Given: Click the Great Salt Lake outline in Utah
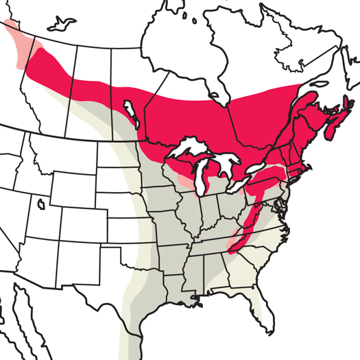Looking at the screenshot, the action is (43, 204).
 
